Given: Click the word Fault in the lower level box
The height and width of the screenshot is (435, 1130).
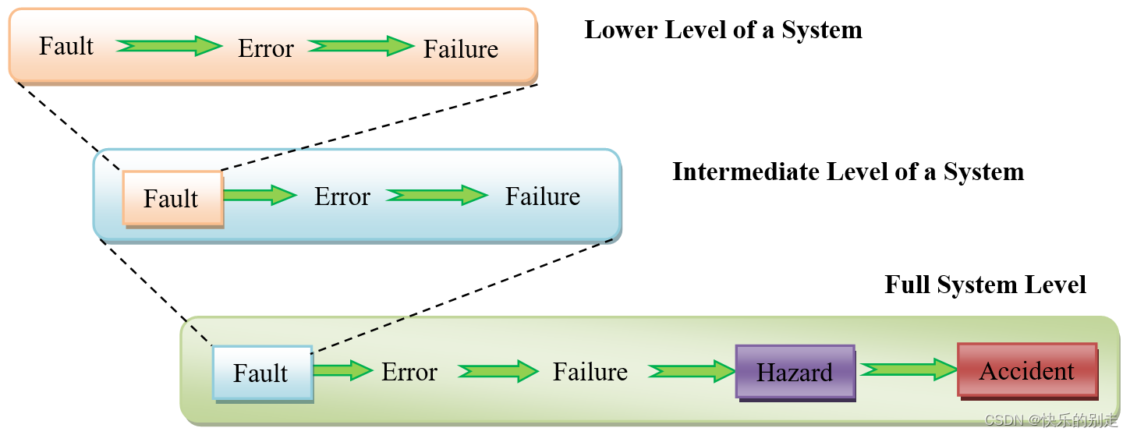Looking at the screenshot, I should (66, 46).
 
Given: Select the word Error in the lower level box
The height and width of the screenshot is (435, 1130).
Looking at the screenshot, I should (265, 48).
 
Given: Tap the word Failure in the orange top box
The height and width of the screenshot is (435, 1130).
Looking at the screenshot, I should (460, 49).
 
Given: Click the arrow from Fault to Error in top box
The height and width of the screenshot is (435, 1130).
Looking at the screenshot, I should (169, 46).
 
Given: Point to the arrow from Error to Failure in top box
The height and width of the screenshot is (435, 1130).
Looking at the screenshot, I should (360, 47).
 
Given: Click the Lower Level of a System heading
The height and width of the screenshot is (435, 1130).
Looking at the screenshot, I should (723, 30).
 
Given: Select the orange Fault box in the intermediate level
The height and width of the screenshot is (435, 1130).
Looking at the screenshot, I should (172, 198).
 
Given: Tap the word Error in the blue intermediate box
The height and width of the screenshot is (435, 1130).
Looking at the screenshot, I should (342, 196).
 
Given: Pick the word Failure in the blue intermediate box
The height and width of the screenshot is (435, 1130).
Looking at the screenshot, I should (542, 196).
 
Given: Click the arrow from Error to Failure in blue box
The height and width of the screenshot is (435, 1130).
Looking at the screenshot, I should (437, 196).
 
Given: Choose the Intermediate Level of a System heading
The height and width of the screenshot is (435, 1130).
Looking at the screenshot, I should (848, 172).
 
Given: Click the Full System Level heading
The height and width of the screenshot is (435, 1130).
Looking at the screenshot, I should (985, 285).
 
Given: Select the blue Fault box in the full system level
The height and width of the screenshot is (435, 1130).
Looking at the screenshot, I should (262, 373).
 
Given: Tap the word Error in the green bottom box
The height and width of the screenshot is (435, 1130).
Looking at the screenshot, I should (409, 373).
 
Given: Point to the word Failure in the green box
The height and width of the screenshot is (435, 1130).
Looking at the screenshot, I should (590, 372).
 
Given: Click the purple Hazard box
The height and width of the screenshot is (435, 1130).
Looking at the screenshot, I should (795, 372).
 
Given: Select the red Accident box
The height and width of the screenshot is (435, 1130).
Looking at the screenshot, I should (1026, 370).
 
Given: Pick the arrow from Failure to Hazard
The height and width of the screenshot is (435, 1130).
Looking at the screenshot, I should (691, 371).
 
